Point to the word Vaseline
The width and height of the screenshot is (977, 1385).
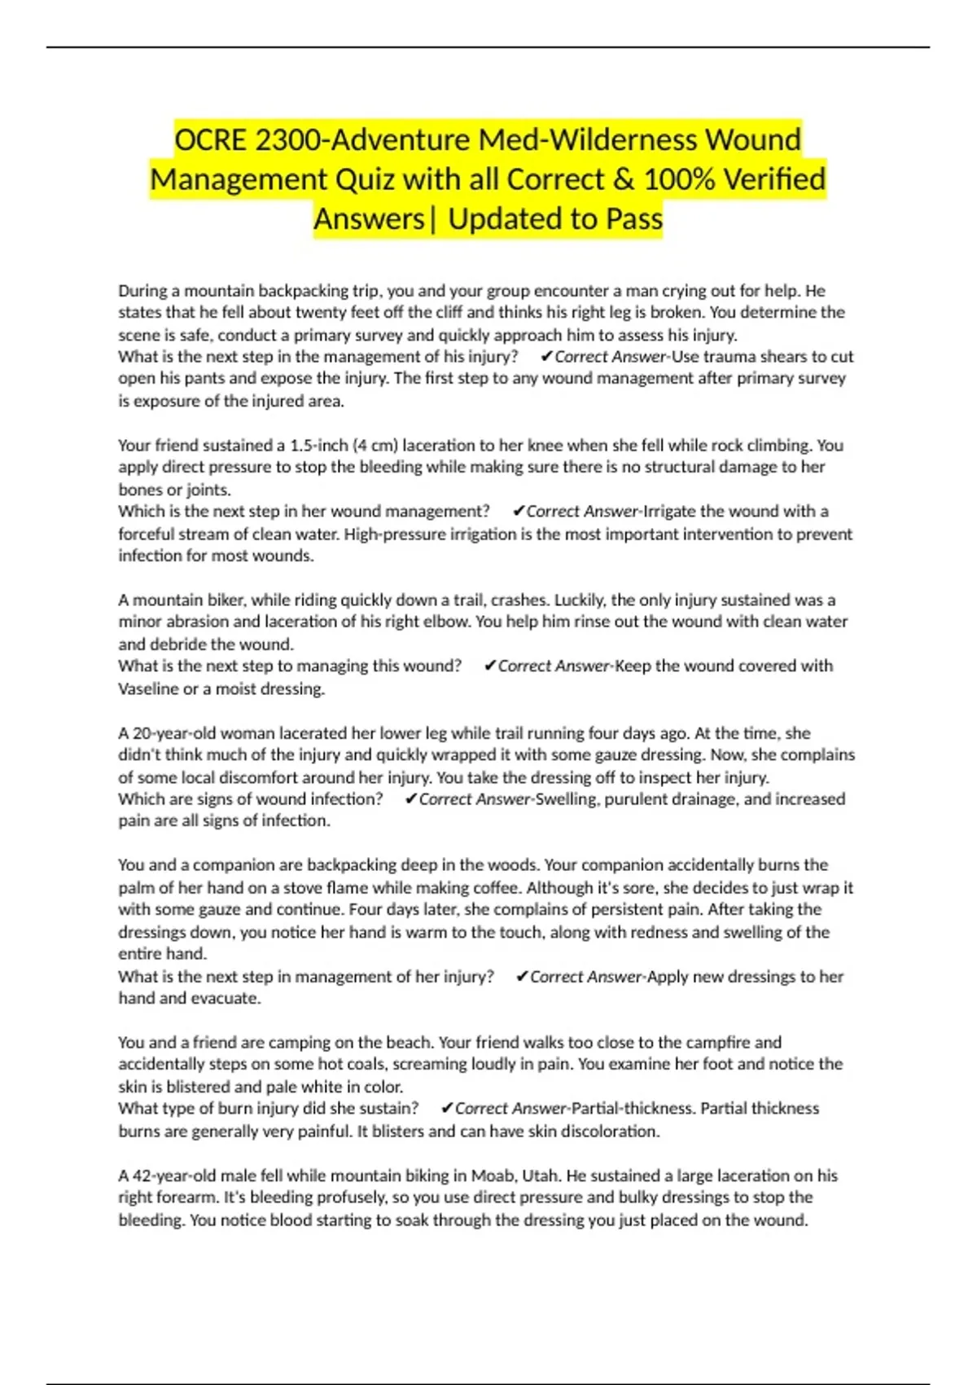pos(148,689)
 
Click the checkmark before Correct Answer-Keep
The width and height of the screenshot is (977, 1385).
pos(489,666)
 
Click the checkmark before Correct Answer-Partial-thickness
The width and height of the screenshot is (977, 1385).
pos(446,1109)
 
